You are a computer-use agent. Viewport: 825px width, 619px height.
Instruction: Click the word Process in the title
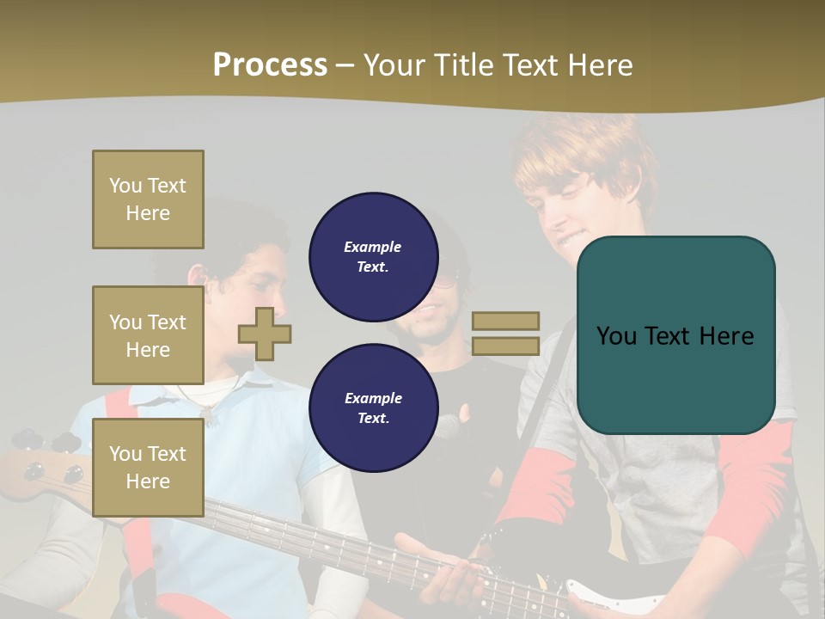pyautogui.click(x=270, y=65)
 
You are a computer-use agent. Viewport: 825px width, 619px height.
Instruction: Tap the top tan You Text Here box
pyautogui.click(x=148, y=199)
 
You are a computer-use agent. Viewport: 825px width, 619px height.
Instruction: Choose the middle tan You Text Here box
pyautogui.click(x=148, y=335)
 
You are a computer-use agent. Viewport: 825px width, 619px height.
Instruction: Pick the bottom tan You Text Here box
pyautogui.click(x=148, y=467)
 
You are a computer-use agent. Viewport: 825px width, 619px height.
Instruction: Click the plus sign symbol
pyautogui.click(x=265, y=334)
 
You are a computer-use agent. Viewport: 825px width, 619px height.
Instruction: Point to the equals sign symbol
pyautogui.click(x=505, y=334)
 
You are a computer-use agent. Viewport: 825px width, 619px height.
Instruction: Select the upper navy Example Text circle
pyautogui.click(x=373, y=256)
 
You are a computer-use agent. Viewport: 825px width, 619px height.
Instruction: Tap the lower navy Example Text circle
pyautogui.click(x=373, y=408)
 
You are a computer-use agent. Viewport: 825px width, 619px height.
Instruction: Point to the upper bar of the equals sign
pyautogui.click(x=505, y=321)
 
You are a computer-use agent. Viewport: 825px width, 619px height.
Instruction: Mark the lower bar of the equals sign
pyautogui.click(x=505, y=346)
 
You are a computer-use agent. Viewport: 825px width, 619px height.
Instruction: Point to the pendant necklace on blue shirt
pyautogui.click(x=206, y=414)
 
